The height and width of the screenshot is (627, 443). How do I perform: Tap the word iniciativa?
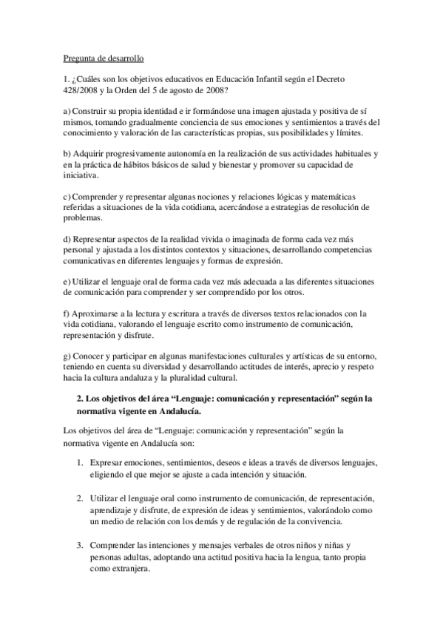[x=85, y=176]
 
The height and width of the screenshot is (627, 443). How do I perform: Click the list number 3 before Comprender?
[x=79, y=545]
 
